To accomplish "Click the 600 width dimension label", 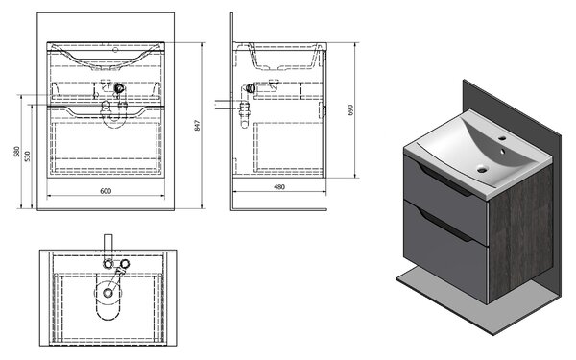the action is [106, 191].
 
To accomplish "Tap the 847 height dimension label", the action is [197, 126].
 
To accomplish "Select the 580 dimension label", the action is [16, 152].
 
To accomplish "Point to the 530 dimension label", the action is [28, 156].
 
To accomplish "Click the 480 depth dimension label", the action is [279, 187].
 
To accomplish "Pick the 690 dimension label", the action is [349, 110].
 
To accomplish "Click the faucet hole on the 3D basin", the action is [502, 139].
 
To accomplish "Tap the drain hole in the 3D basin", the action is [482, 169].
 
